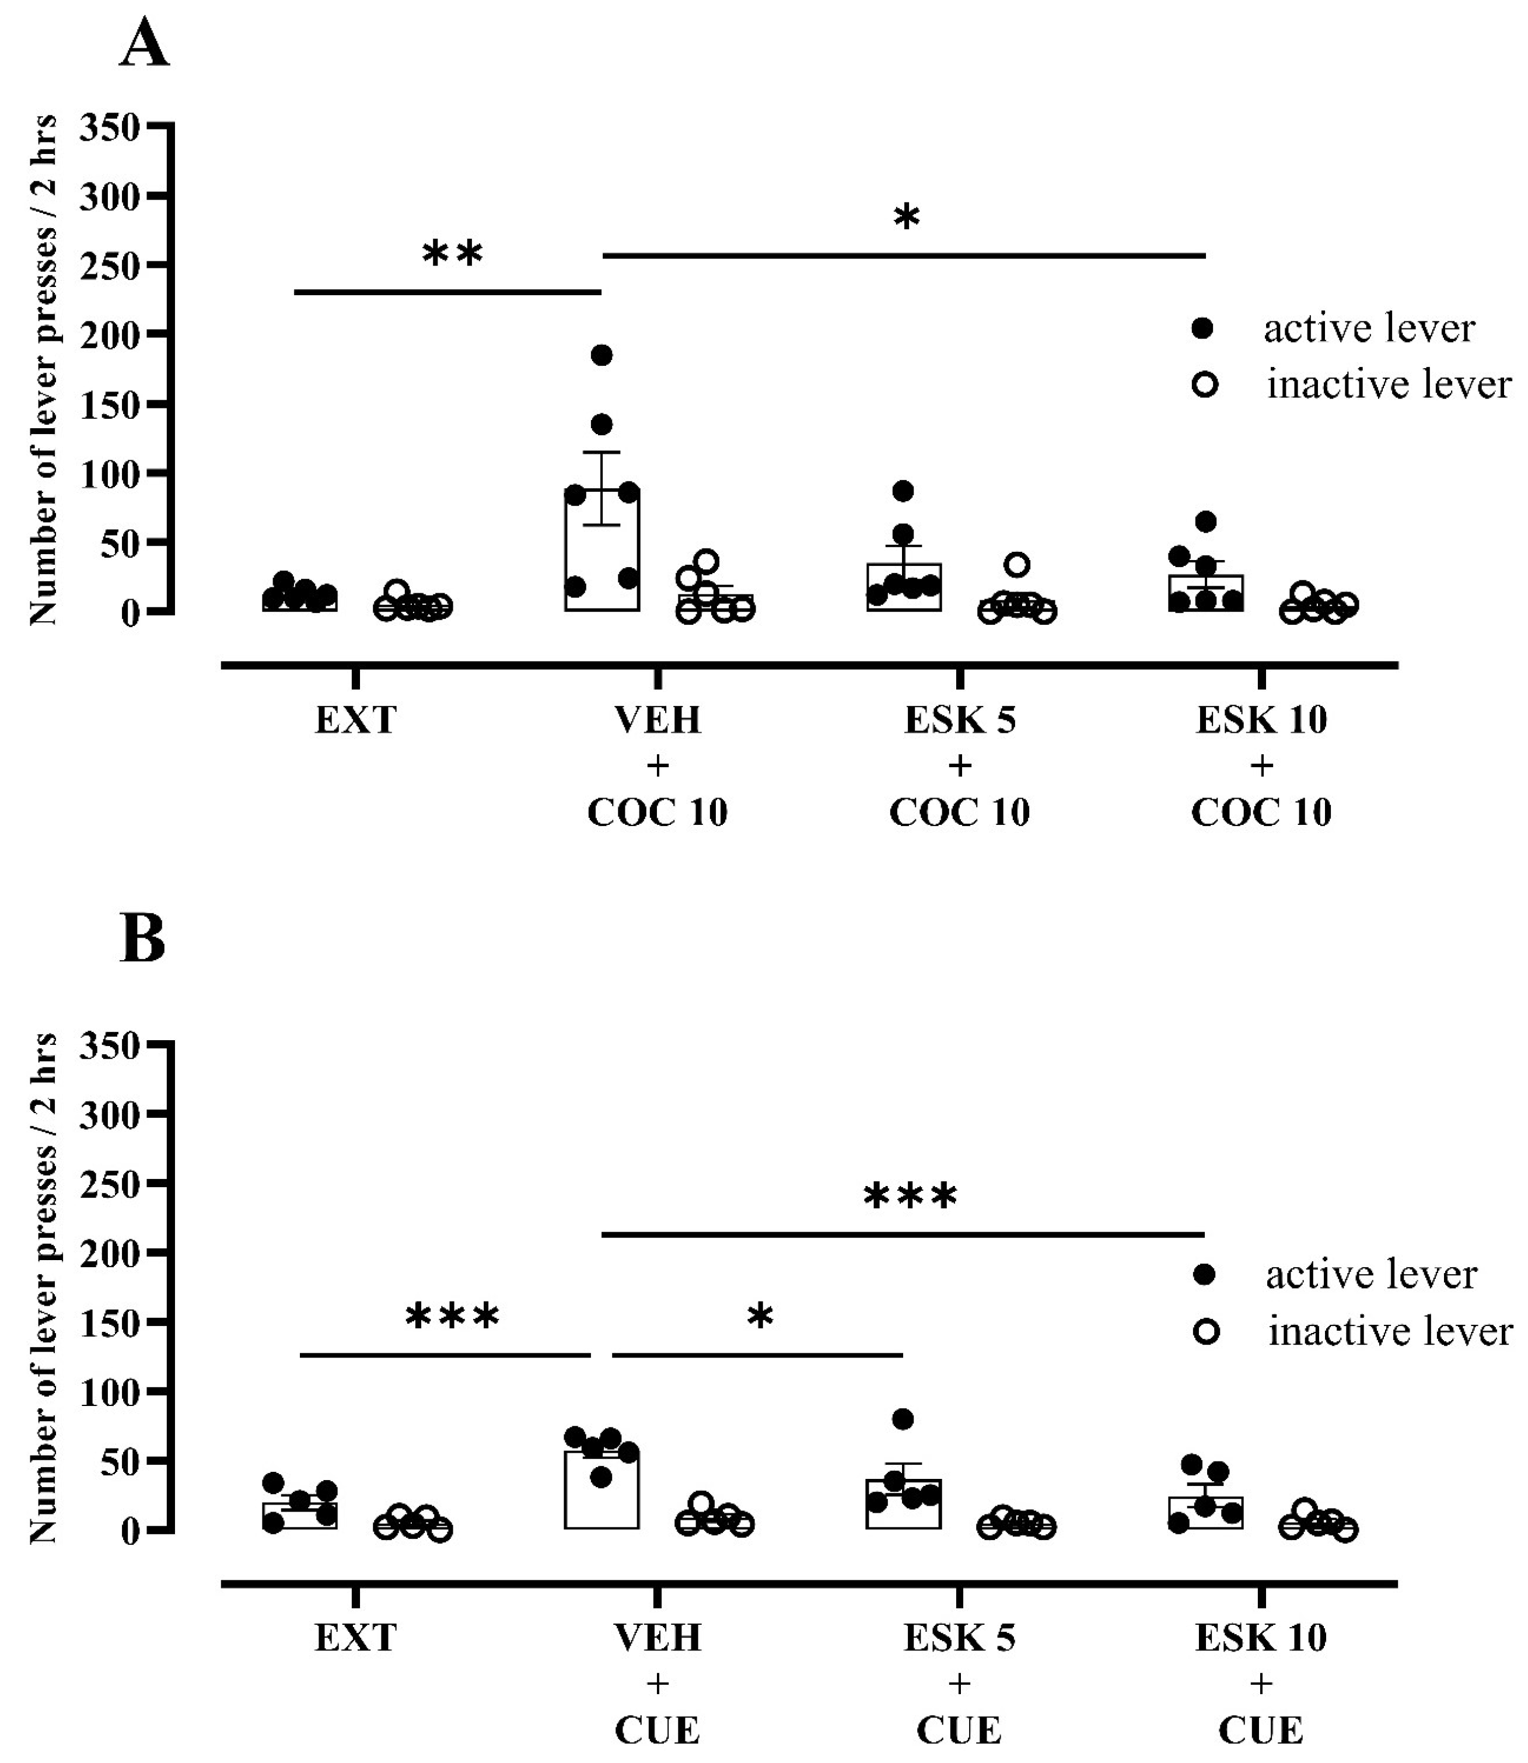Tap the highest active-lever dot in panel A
point(602,355)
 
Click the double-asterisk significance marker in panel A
point(453,254)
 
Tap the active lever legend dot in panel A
point(1203,329)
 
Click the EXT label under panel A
point(355,721)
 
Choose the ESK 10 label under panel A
point(1261,721)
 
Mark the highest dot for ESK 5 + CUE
point(903,1419)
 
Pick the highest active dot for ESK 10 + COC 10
point(1205,521)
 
